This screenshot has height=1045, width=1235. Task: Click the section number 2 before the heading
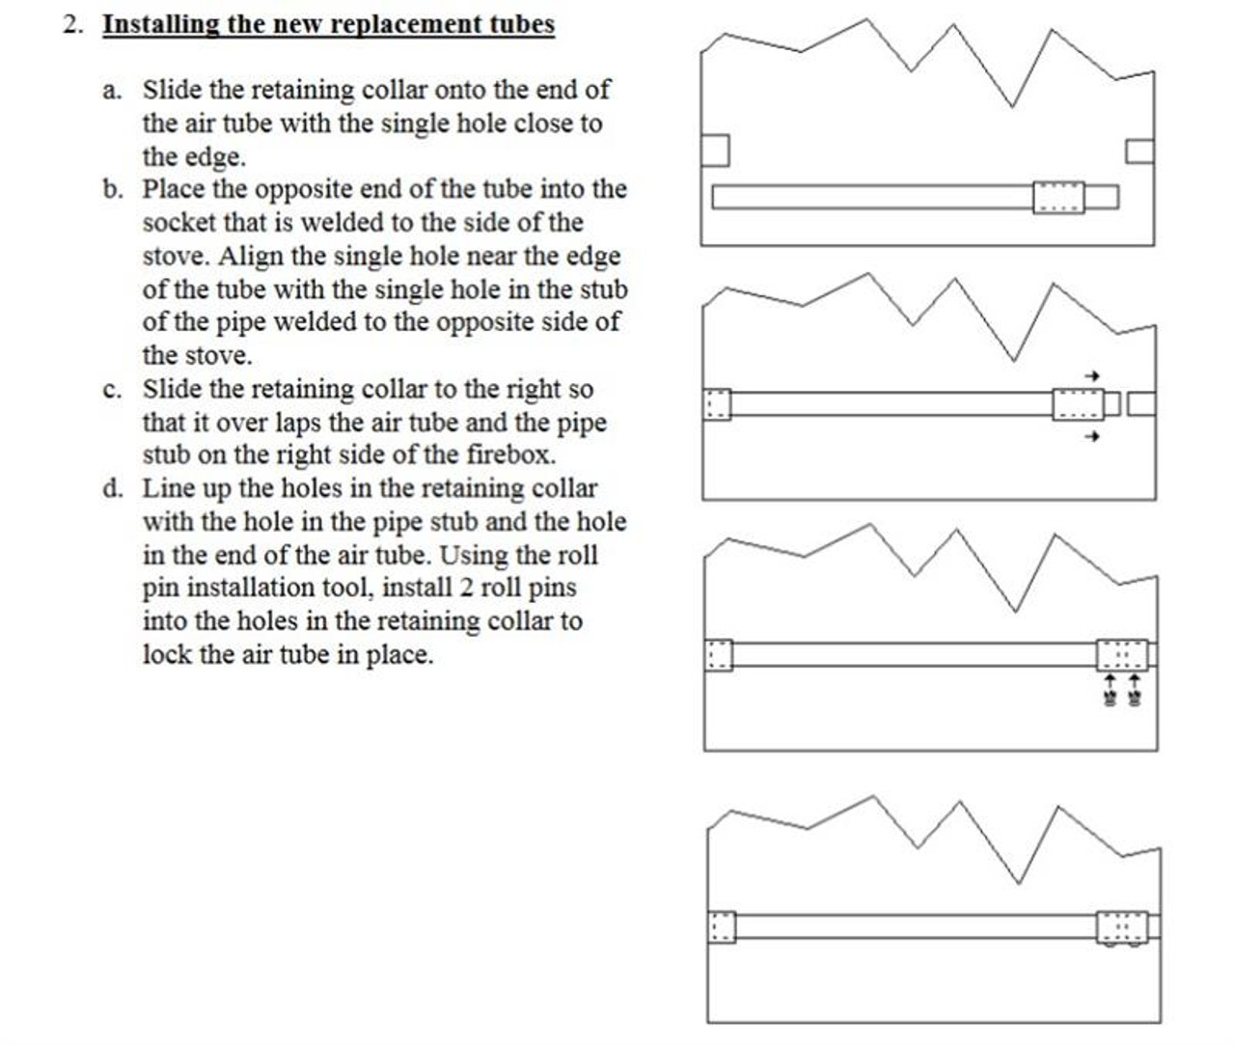click(x=70, y=24)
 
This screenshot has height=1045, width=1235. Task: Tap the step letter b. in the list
click(x=113, y=190)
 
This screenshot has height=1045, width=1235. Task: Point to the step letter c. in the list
click(x=113, y=390)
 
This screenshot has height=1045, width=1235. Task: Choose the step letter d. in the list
click(x=113, y=489)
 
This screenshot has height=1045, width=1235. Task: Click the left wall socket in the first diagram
click(x=715, y=151)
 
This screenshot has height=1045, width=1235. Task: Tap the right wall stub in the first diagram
click(x=1139, y=151)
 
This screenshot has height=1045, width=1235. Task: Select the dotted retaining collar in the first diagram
click(x=1058, y=197)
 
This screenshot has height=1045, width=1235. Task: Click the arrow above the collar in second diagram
click(x=1091, y=375)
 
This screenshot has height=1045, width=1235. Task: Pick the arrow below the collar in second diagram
click(x=1091, y=437)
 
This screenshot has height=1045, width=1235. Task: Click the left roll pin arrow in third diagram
click(x=1111, y=688)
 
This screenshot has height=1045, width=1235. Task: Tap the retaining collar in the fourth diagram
click(x=1122, y=927)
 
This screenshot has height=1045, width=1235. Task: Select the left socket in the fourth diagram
click(x=721, y=927)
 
